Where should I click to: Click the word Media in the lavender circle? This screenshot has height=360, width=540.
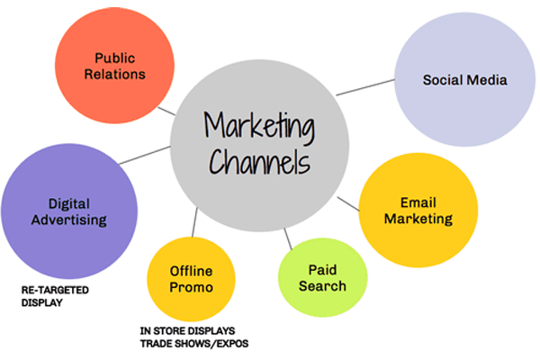(x=487, y=80)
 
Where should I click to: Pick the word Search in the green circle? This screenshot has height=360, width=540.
(x=323, y=286)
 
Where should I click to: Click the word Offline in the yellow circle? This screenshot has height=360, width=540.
(x=191, y=270)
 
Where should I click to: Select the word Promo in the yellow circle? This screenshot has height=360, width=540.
(x=191, y=287)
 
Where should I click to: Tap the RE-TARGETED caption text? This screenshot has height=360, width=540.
(x=57, y=291)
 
